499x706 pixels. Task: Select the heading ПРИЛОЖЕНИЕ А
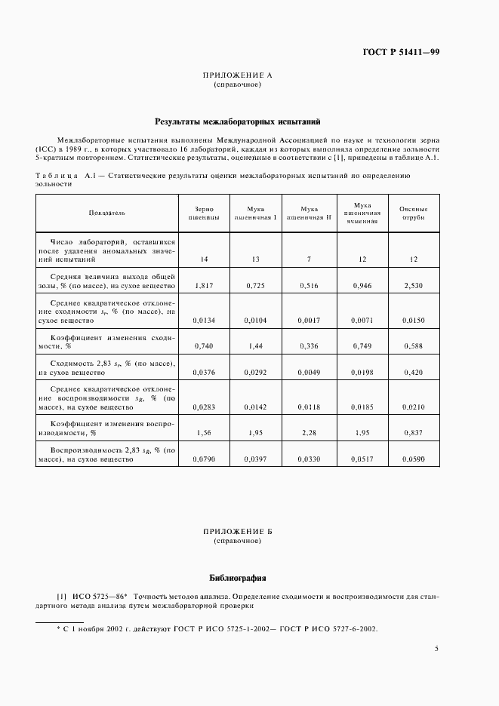[x=237, y=75]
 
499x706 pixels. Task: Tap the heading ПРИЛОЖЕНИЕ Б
[x=237, y=532]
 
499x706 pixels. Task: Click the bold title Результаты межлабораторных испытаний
[x=238, y=121]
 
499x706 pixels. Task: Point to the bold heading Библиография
[x=237, y=578]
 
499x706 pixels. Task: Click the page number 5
[x=437, y=648]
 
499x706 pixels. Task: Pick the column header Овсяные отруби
[x=413, y=213]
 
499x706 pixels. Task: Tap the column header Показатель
[x=106, y=213]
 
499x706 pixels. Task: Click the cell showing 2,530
[x=413, y=287]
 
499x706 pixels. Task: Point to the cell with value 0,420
[x=413, y=372]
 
